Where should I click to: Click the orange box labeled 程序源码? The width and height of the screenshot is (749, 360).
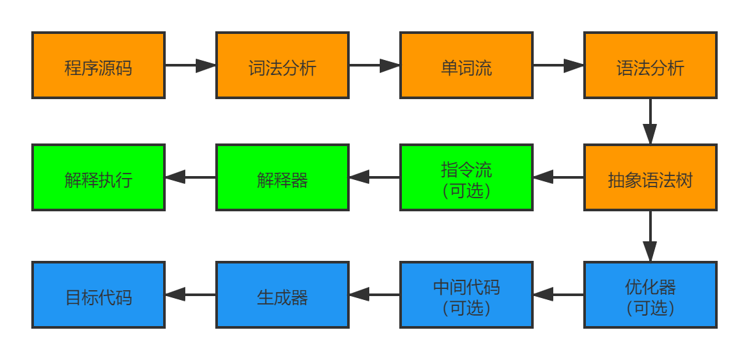[98, 65]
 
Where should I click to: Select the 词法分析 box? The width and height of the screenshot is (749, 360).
[283, 65]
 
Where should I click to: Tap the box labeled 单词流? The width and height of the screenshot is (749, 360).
[466, 65]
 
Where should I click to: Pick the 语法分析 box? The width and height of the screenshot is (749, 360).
[650, 65]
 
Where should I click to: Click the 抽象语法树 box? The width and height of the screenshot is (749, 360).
[650, 177]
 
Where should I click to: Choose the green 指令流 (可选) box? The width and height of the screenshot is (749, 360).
[466, 177]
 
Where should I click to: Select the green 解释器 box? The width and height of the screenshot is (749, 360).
[283, 177]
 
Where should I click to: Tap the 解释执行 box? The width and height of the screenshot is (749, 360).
[98, 177]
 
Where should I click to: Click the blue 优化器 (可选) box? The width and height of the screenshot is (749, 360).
[650, 295]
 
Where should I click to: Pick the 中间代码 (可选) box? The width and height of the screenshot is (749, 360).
[466, 295]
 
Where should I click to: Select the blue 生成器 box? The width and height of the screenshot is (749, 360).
[283, 295]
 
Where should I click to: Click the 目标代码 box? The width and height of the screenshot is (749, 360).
[98, 295]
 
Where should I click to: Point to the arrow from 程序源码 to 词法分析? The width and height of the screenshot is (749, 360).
[191, 65]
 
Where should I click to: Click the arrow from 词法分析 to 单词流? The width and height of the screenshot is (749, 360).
[374, 65]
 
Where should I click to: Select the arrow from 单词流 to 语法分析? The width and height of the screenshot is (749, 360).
[558, 65]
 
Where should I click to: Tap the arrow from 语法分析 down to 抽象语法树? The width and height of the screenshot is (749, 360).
[650, 121]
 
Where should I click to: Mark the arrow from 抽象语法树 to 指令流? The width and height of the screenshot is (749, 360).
[558, 177]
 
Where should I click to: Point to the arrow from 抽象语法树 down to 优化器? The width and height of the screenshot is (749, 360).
[650, 236]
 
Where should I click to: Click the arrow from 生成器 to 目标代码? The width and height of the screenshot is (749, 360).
[191, 295]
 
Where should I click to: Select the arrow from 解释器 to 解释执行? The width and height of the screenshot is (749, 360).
[191, 177]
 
